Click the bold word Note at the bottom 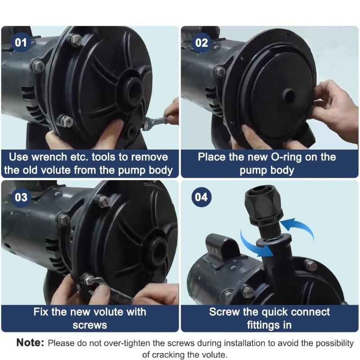point(30,343)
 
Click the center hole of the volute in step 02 point(288,95)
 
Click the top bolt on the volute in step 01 point(76,40)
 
